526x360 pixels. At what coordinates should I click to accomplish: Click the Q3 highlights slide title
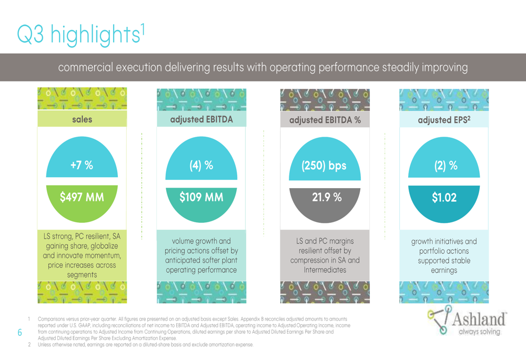pos(81,34)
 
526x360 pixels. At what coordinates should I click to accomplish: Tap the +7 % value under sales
pos(82,165)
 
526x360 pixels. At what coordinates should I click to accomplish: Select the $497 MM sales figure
pos(82,197)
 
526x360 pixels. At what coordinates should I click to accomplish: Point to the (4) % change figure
pos(201,165)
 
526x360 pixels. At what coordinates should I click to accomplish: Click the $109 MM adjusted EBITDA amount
pos(201,197)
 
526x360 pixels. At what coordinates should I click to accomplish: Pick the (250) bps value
pos(324,166)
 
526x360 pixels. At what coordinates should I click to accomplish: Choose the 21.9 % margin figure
pos(327,197)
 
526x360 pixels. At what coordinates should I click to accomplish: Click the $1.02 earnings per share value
pos(444,198)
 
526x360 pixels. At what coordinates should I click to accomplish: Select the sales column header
pos(82,119)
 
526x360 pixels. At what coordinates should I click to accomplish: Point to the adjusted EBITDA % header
pos(325,120)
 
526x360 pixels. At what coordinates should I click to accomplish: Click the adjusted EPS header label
pos(444,120)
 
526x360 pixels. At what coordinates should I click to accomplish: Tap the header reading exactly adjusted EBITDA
pos(201,120)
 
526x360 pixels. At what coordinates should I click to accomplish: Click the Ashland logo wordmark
pos(479,319)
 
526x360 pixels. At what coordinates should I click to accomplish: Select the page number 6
pos(20,333)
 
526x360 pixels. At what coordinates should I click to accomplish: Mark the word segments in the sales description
pos(82,275)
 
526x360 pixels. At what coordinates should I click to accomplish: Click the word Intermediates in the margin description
pos(325,270)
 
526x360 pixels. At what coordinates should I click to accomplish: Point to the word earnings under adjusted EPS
pos(444,271)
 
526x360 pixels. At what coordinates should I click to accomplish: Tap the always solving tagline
pos(479,332)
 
